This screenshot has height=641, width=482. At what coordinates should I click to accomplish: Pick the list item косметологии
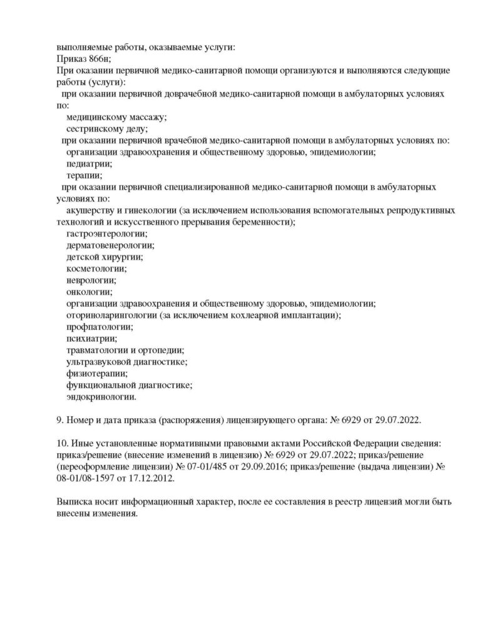click(x=96, y=269)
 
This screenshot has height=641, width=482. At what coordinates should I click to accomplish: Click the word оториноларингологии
click(x=111, y=315)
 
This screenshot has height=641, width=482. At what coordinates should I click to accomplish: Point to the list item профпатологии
click(x=100, y=327)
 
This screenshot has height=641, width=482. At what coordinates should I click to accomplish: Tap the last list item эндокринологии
click(x=101, y=397)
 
